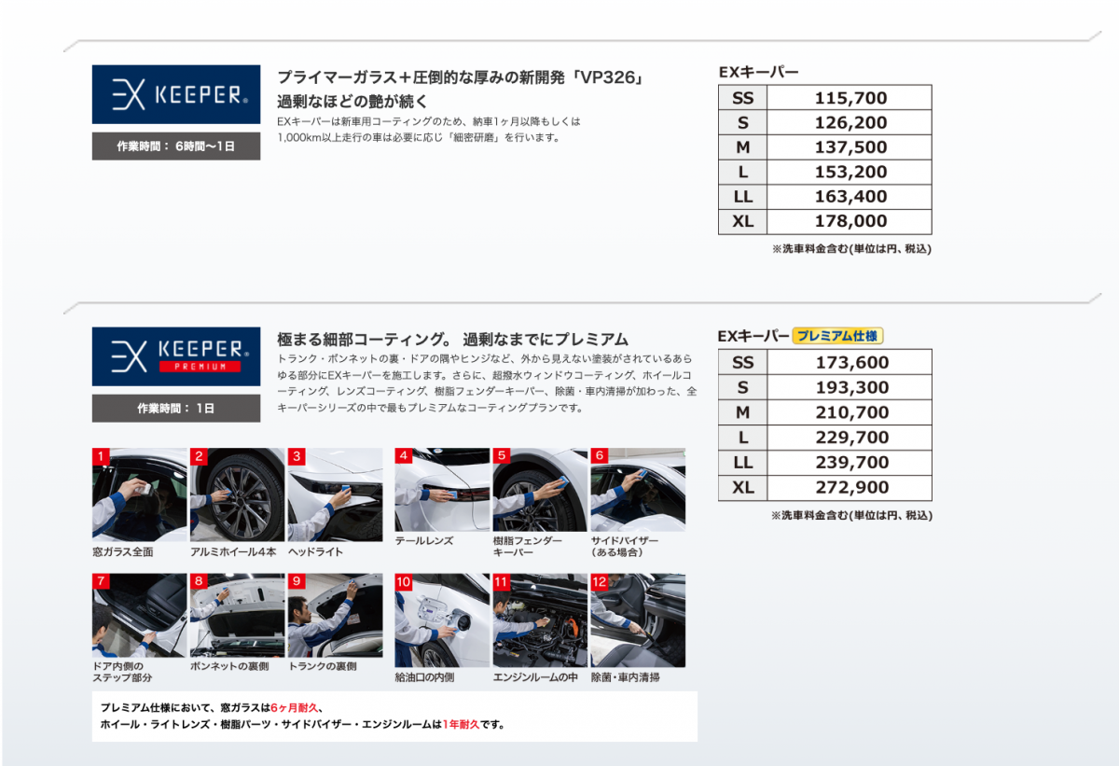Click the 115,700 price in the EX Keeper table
click(850, 98)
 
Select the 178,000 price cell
click(850, 221)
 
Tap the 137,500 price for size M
click(850, 146)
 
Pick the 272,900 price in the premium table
click(851, 487)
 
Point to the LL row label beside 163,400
click(743, 196)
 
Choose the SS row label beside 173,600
click(743, 362)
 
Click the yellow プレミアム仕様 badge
click(837, 336)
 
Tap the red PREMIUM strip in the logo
click(200, 367)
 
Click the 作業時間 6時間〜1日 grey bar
click(176, 146)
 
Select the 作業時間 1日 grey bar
click(176, 409)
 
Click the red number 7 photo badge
click(101, 581)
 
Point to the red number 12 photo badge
click(599, 582)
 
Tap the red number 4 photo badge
click(403, 455)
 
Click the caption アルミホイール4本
click(233, 552)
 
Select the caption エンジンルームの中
click(535, 677)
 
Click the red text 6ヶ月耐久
click(295, 707)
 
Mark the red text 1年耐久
click(461, 724)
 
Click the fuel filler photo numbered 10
click(442, 620)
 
